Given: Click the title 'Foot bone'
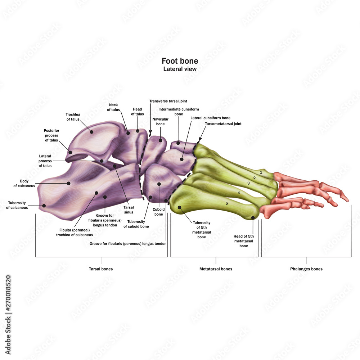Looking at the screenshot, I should (x=180, y=61).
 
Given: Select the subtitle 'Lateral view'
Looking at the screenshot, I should (x=180, y=69).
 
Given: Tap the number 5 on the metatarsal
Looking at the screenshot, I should (x=226, y=203).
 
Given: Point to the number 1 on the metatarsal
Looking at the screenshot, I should (x=261, y=173).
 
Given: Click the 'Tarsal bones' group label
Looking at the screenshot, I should (x=101, y=269).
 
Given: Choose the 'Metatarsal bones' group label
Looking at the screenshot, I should (x=216, y=269).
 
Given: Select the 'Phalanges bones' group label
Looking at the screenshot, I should (x=306, y=269).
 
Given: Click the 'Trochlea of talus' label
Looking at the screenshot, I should (x=73, y=117).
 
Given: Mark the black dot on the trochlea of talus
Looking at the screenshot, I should (x=91, y=132).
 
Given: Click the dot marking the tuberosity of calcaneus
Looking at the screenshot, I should (x=44, y=206).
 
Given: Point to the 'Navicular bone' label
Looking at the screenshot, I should (x=158, y=122).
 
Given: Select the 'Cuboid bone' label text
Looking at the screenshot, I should (x=159, y=212).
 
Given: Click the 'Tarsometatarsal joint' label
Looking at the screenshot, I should (x=223, y=123).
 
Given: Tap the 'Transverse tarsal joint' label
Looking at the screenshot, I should (x=168, y=101).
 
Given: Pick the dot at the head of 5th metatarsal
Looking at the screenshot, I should (x=253, y=217).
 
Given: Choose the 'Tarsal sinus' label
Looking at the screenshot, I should (x=129, y=210).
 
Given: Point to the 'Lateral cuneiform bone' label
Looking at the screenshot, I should (x=210, y=118).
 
